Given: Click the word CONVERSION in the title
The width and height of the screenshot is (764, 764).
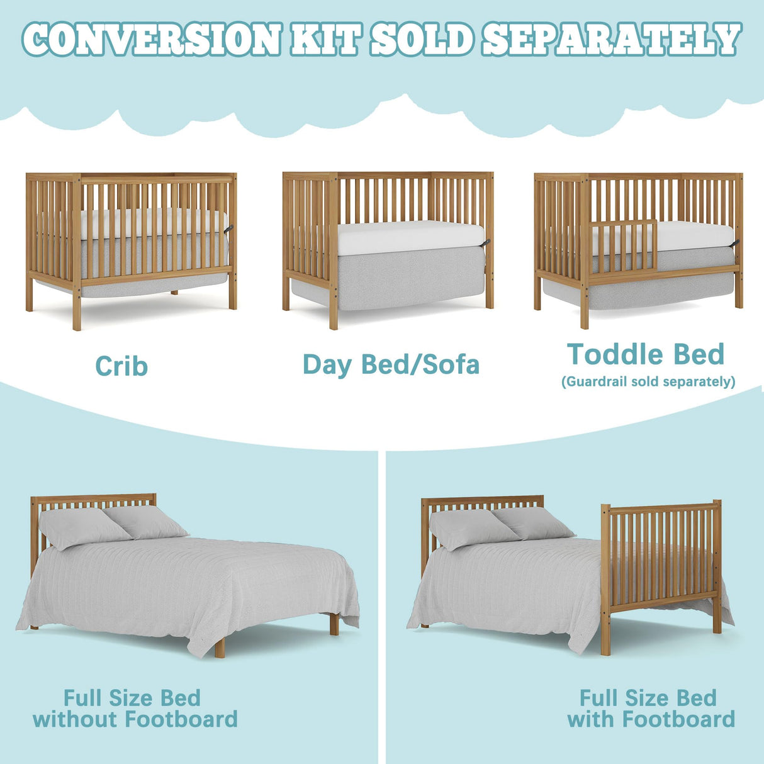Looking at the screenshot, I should tap(151, 39).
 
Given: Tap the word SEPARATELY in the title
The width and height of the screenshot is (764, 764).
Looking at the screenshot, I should tap(612, 39).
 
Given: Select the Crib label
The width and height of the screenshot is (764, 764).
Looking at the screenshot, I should tap(121, 366).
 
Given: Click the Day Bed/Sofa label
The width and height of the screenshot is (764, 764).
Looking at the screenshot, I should tap(391, 364).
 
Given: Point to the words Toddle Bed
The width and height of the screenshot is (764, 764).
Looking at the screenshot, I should tap(646, 354).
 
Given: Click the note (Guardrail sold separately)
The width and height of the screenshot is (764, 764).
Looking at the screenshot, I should tap(648, 381).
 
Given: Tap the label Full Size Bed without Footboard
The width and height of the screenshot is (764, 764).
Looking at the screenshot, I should tap(135, 709).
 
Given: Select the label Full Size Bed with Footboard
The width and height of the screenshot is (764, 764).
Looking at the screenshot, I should tap(651, 709).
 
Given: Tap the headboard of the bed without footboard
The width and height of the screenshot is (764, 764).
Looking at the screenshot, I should tap(93, 502).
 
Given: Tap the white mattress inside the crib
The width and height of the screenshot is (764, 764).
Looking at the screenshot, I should tap(151, 223).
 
